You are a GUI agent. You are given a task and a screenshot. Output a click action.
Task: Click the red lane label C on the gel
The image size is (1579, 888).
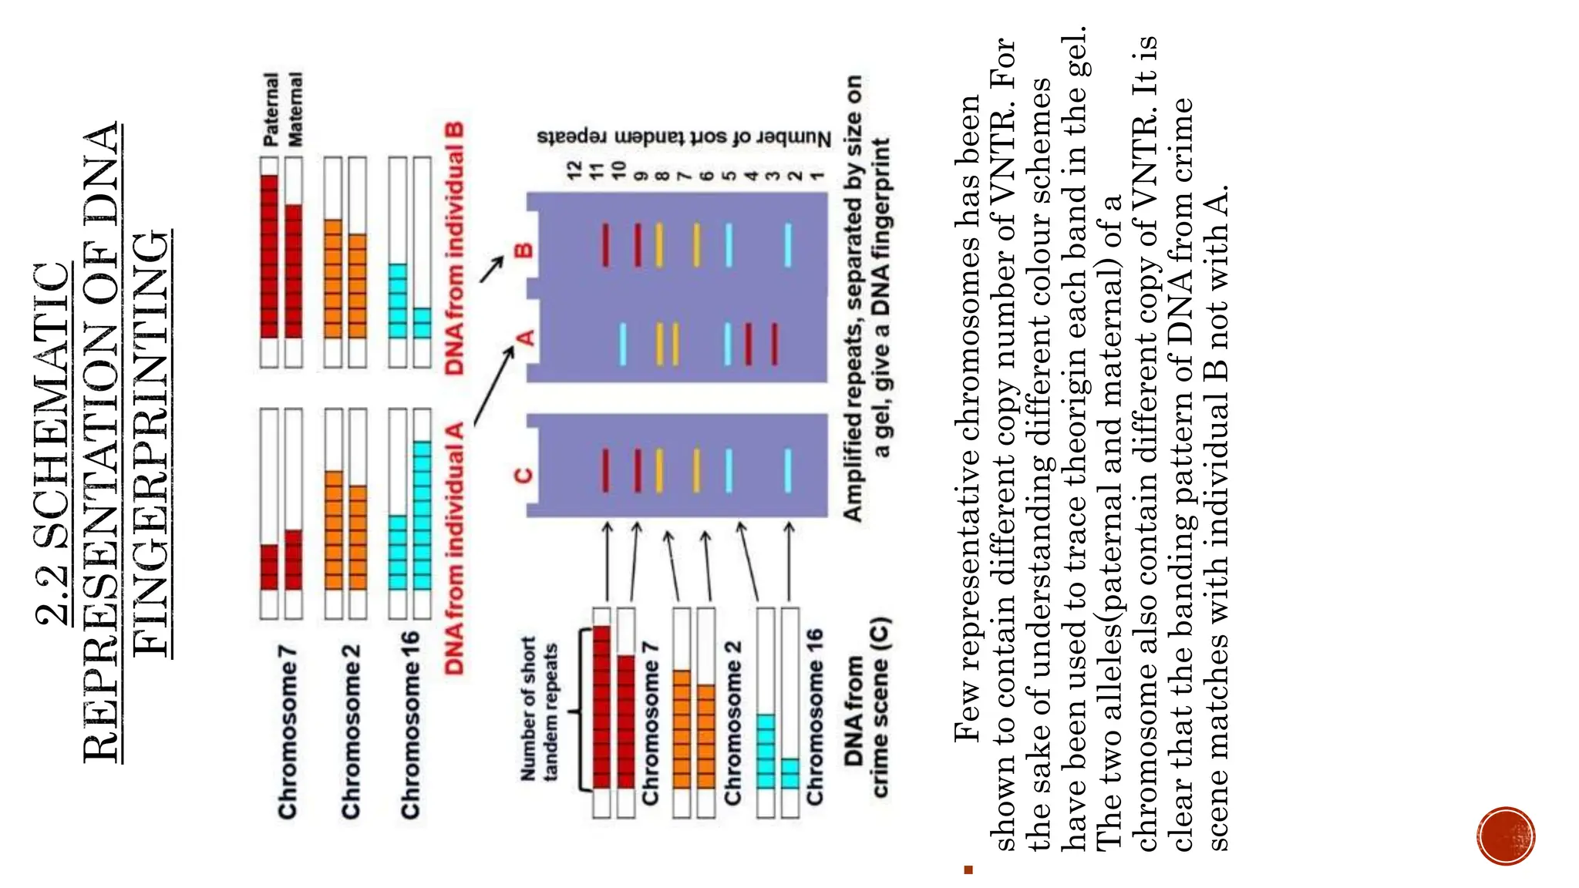pyautogui.click(x=524, y=474)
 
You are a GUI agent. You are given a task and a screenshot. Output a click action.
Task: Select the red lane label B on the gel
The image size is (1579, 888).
pyautogui.click(x=524, y=251)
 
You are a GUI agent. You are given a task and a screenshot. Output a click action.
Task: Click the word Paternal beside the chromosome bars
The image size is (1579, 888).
pyautogui.click(x=271, y=110)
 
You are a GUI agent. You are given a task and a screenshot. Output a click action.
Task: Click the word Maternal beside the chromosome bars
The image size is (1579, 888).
pyautogui.click(x=295, y=110)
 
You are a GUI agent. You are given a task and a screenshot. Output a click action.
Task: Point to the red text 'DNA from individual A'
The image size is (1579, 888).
pyautogui.click(x=455, y=548)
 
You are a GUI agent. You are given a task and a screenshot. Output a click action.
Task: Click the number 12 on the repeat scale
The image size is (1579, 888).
pyautogui.click(x=574, y=170)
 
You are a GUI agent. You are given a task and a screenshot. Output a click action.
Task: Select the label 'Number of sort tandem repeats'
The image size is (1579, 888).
pyautogui.click(x=684, y=138)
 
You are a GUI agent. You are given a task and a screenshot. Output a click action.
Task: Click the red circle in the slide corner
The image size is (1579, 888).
pyautogui.click(x=1506, y=836)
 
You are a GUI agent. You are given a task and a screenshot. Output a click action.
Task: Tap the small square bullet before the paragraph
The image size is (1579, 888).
pyautogui.click(x=968, y=870)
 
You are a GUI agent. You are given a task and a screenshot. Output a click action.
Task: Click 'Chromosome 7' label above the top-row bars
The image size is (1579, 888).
pyautogui.click(x=288, y=732)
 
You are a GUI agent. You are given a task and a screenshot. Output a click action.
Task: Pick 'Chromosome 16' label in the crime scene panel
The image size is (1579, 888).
pyautogui.click(x=814, y=718)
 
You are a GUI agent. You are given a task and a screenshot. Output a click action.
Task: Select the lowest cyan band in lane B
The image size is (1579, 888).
pyautogui.click(x=787, y=245)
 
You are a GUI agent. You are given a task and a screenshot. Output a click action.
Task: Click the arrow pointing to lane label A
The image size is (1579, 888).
pyautogui.click(x=493, y=386)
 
